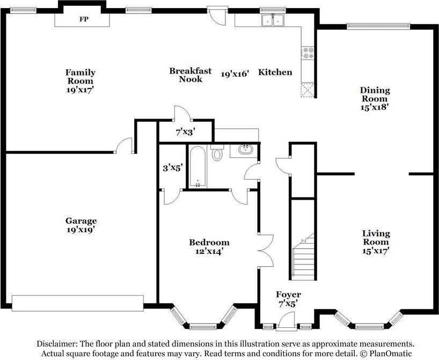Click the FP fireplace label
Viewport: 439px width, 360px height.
coord(84,19)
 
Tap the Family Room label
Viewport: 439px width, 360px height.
coord(81,77)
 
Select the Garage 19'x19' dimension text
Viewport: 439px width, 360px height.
coord(81,230)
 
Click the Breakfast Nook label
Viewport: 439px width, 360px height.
coord(191,75)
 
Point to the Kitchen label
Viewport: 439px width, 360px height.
coord(275,72)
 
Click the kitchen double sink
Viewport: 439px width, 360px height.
coord(273,20)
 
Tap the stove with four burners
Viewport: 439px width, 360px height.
coord(308,53)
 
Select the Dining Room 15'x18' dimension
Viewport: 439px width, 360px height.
coord(374,107)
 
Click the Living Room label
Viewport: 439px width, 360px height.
coord(376,238)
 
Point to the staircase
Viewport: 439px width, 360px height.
coord(304,256)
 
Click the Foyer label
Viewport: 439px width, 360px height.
coord(288,295)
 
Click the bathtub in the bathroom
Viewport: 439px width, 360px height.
coord(197,167)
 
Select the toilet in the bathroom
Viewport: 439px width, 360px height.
coord(217,152)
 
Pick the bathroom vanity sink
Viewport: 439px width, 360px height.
coord(246,149)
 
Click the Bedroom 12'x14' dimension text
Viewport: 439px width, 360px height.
coord(209,252)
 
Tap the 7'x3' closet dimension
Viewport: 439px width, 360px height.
coord(185,132)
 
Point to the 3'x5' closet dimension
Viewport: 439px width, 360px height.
coord(173,168)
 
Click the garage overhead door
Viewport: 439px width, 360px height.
coord(78,303)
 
